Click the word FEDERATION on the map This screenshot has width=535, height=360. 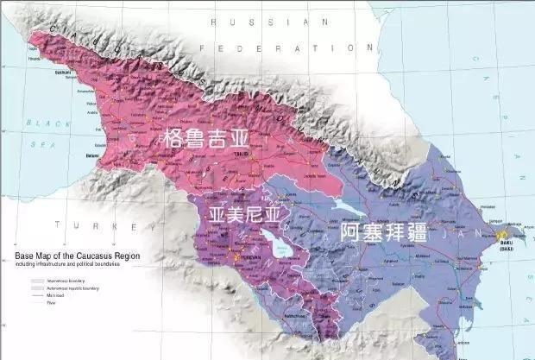pyautogui.click(x=269, y=48)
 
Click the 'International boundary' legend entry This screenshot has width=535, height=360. pyautogui.click(x=66, y=281)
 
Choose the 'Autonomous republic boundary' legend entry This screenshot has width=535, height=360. pyautogui.click(x=74, y=288)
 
